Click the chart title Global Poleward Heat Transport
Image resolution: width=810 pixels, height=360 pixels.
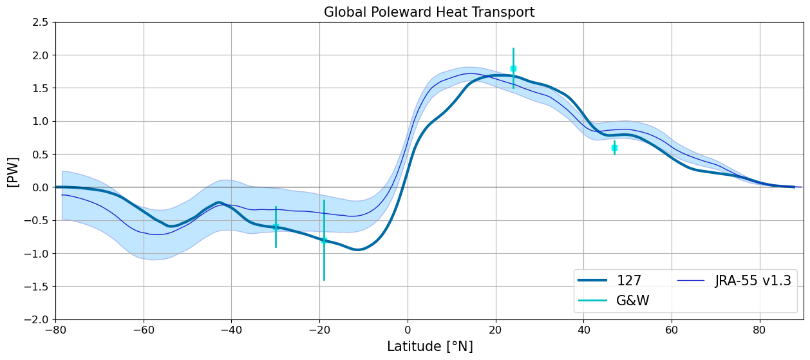pyautogui.click(x=429, y=12)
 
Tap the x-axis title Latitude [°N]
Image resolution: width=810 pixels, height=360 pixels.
pyautogui.click(x=430, y=346)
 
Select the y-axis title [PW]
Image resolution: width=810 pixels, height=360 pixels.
pyautogui.click(x=13, y=172)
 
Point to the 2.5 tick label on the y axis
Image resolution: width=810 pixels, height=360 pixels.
pyautogui.click(x=40, y=22)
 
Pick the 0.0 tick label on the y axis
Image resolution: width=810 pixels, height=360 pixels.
pyautogui.click(x=40, y=187)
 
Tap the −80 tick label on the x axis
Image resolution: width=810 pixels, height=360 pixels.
pyautogui.click(x=55, y=330)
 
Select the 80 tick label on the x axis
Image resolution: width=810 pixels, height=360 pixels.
pyautogui.click(x=759, y=330)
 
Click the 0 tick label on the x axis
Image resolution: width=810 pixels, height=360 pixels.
pyautogui.click(x=408, y=330)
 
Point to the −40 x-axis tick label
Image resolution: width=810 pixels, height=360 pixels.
pyautogui.click(x=231, y=330)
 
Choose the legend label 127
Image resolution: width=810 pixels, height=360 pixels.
pyautogui.click(x=629, y=280)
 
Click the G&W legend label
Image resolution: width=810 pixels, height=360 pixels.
pyautogui.click(x=633, y=300)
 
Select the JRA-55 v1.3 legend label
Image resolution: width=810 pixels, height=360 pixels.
pyautogui.click(x=753, y=280)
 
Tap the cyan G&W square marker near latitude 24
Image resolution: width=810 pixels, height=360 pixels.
pyautogui.click(x=513, y=68)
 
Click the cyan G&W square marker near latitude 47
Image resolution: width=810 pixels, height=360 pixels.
pyautogui.click(x=614, y=147)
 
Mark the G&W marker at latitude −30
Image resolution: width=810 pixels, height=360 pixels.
pyautogui.click(x=276, y=227)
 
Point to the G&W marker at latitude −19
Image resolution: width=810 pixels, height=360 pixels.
pyautogui.click(x=324, y=240)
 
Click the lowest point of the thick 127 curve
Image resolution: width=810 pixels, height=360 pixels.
pyautogui.click(x=357, y=250)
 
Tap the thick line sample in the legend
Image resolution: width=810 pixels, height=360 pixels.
pyautogui.click(x=592, y=280)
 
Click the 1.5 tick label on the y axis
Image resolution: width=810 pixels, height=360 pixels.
pyautogui.click(x=40, y=88)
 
